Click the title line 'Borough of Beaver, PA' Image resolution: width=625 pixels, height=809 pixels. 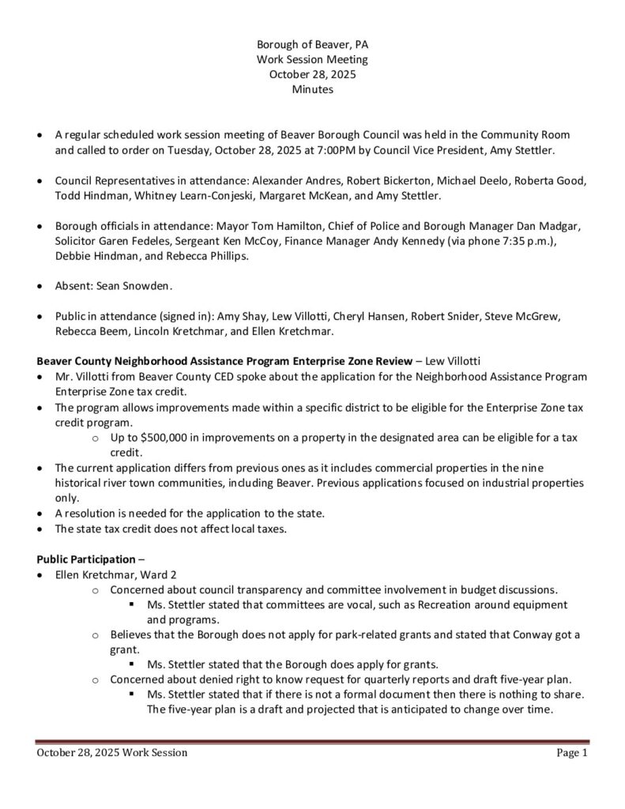point(312,45)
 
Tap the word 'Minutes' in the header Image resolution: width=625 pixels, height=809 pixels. point(312,90)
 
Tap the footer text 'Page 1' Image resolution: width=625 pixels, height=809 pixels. point(572,754)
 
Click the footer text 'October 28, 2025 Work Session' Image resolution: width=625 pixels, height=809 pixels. point(112,754)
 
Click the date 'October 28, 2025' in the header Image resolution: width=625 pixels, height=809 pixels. point(312,75)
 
